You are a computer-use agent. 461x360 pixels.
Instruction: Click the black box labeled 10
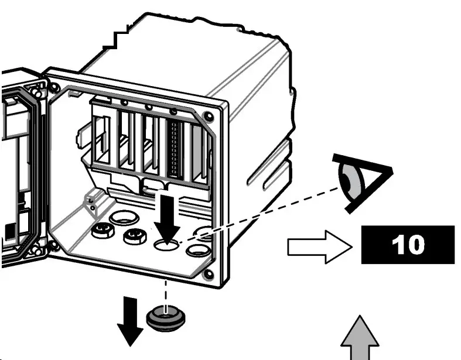point(408,244)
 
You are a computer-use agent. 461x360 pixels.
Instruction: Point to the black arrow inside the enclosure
point(167,216)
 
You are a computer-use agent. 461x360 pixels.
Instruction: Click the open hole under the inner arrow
point(166,245)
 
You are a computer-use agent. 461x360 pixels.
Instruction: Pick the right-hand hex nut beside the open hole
point(134,236)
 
